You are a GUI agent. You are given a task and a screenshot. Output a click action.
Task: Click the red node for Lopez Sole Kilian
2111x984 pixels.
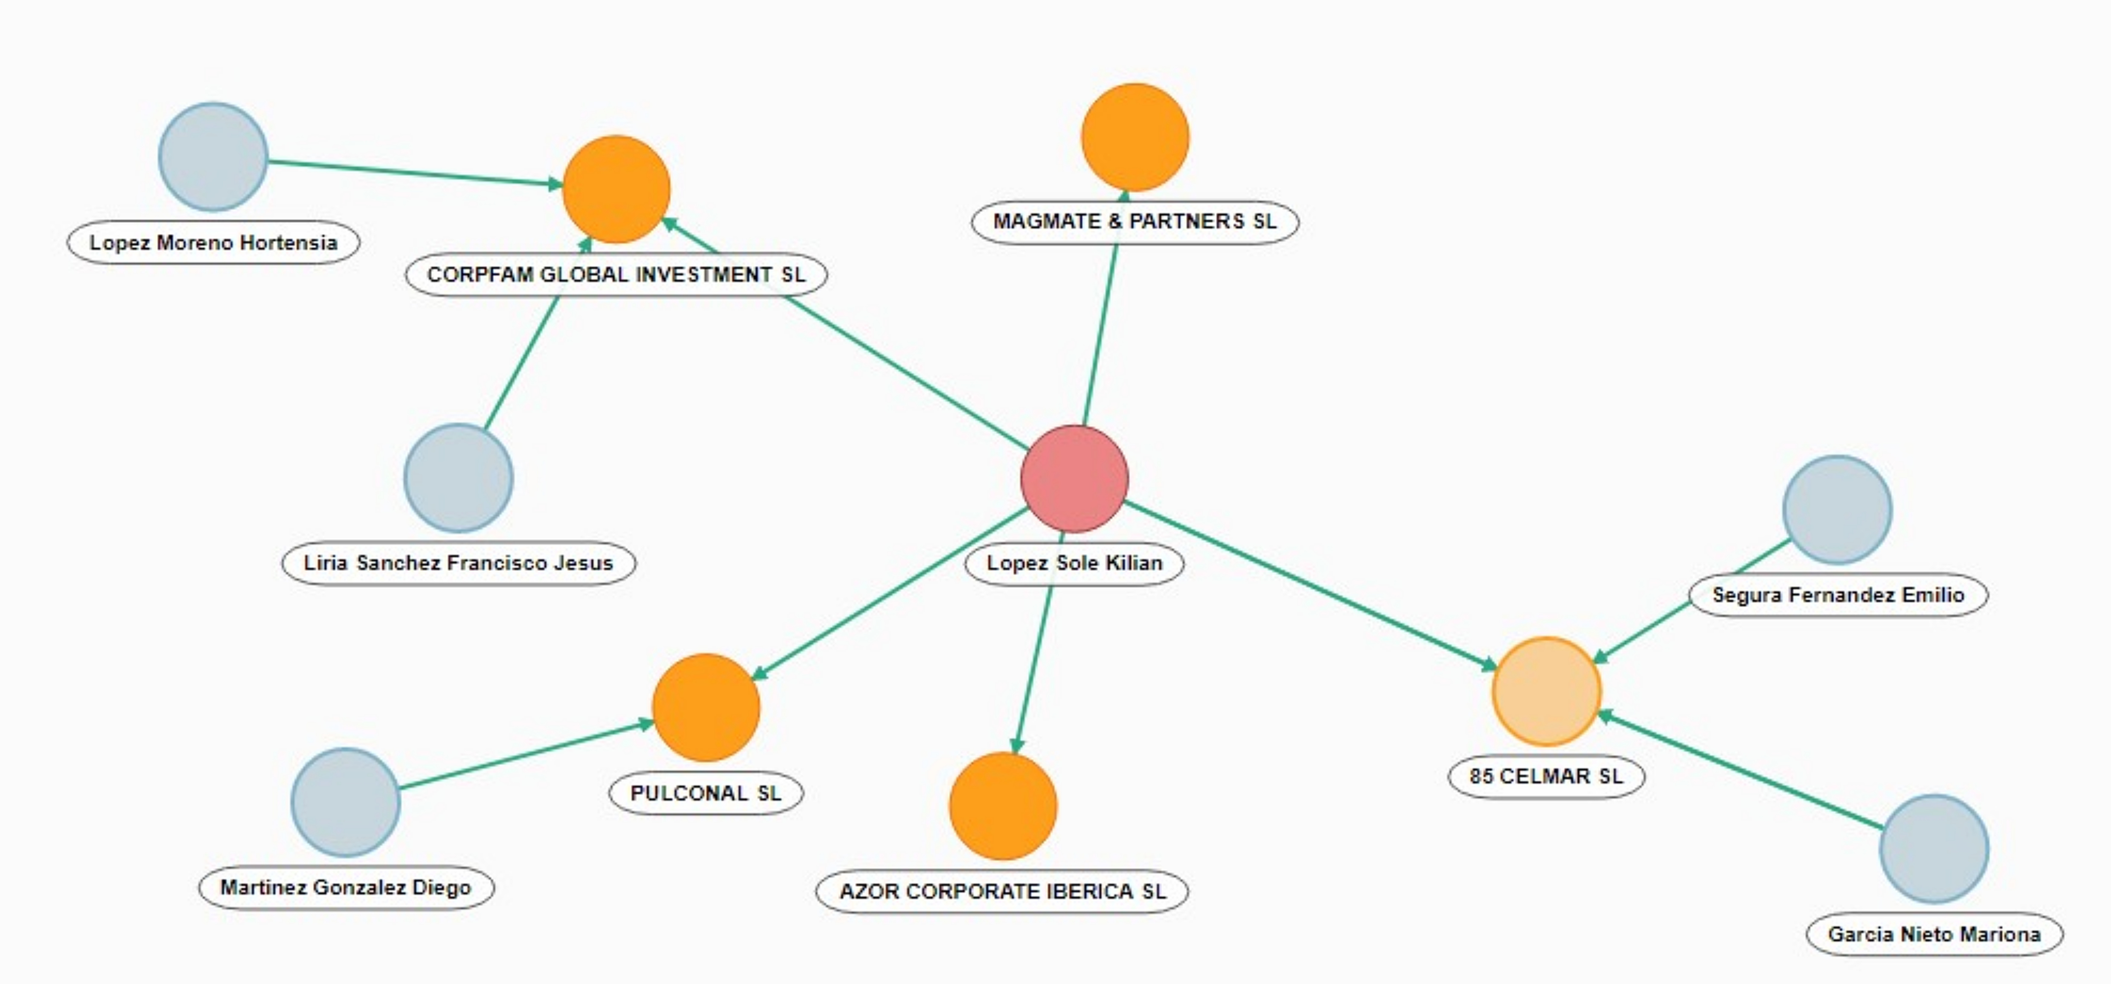click(1074, 479)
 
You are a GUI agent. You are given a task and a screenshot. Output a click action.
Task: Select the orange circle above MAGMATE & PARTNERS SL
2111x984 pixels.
click(1135, 137)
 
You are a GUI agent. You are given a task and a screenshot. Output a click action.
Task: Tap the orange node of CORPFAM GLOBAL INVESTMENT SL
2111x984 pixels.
click(616, 189)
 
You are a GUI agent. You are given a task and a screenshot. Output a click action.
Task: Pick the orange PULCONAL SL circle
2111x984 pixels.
click(706, 707)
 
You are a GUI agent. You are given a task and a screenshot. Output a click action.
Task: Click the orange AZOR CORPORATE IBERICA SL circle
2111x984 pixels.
click(1003, 806)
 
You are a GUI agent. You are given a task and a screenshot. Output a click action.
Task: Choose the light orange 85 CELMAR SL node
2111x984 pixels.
click(1546, 691)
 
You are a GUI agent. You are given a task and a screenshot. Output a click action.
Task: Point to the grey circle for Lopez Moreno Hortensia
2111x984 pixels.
click(213, 156)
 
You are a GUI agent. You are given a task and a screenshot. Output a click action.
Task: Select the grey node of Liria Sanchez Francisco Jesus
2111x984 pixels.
click(459, 478)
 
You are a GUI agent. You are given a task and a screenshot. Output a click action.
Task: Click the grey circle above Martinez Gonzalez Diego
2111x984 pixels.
click(346, 802)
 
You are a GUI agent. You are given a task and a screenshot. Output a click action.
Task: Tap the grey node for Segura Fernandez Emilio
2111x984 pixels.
click(1837, 510)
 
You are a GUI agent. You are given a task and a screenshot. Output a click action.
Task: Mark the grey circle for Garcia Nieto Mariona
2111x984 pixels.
click(1934, 849)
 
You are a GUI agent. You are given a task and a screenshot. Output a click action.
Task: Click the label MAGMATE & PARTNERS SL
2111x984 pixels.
click(1135, 221)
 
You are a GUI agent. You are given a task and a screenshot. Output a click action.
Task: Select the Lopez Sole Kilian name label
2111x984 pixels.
click(1074, 563)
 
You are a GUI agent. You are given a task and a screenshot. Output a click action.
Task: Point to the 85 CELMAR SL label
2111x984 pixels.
click(1546, 776)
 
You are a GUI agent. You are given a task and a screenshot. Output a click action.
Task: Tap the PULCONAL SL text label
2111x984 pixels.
click(706, 793)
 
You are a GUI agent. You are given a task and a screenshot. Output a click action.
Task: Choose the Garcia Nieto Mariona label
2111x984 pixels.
click(1934, 934)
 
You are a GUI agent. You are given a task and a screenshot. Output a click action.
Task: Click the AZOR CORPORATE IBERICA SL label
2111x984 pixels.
click(1002, 891)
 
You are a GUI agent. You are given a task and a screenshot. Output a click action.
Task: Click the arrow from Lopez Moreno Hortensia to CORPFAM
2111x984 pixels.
click(416, 173)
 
